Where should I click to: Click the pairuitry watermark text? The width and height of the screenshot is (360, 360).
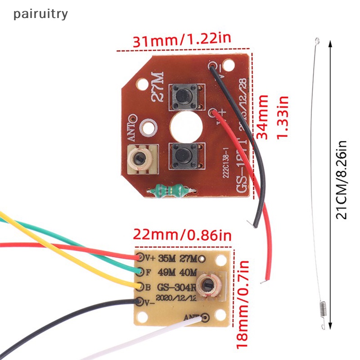(40, 14)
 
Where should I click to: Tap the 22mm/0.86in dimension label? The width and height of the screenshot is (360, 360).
(182, 235)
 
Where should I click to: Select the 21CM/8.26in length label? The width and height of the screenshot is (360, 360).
(343, 180)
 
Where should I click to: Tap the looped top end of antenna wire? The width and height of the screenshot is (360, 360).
(318, 41)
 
